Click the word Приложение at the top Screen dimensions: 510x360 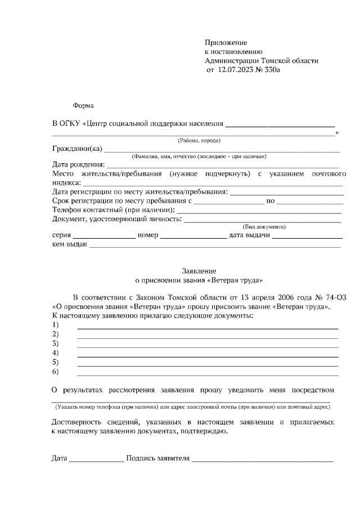pos(226,43)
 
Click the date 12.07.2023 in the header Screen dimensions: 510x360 pos(235,70)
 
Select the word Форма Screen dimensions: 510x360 pos(83,105)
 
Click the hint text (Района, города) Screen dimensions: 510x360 pos(199,140)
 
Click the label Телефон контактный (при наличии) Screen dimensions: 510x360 pos(113,209)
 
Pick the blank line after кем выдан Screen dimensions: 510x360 pos(214,245)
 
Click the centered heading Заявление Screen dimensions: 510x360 pos(199,271)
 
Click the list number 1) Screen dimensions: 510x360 pos(56,325)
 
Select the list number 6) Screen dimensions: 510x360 pos(56,372)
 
